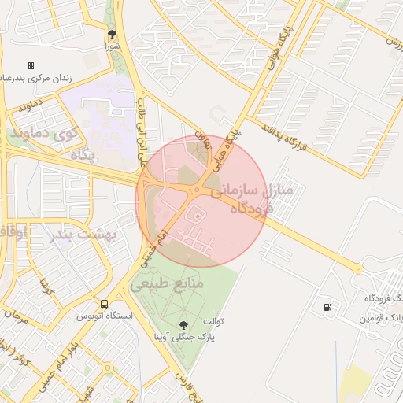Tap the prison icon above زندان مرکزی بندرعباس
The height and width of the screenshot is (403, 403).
click(x=31, y=65)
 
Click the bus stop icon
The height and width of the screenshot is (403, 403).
click(x=104, y=304)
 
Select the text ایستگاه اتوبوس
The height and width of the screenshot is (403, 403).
click(x=104, y=316)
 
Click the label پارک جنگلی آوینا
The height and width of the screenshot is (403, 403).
click(x=185, y=336)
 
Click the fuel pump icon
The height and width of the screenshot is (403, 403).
click(x=327, y=307)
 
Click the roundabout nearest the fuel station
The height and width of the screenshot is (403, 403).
click(x=358, y=269)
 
